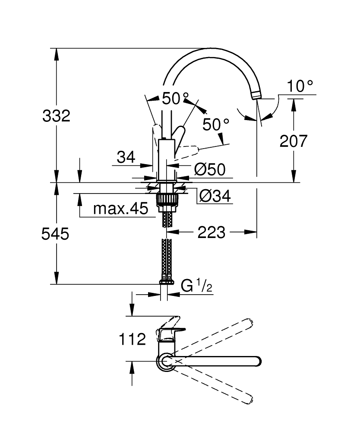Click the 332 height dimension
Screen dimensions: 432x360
56,116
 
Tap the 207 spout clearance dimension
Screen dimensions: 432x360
294,141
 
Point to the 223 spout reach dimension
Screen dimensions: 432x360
212,232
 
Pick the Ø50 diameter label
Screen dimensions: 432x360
210,170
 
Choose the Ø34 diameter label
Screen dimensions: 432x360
215,197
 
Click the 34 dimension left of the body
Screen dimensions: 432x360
126,157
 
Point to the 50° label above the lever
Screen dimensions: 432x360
175,98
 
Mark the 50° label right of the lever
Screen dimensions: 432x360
216,125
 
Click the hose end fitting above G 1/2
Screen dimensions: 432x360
167,282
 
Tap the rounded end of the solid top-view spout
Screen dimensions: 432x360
257,361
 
